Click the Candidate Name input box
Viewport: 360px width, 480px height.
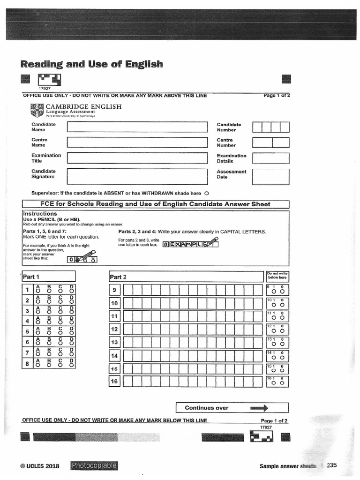[137, 127]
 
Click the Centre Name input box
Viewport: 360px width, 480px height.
[137, 142]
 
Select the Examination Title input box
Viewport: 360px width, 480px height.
[137, 158]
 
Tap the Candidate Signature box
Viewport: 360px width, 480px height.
[137, 176]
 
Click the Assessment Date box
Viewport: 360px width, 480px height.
[270, 177]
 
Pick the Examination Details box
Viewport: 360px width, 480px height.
[270, 158]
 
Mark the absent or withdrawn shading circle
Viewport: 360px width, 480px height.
[207, 193]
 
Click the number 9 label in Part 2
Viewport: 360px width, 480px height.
[114, 291]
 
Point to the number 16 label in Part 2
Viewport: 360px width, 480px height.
[114, 382]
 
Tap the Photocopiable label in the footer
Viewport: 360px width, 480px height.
[94, 465]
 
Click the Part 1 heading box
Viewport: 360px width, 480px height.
[48, 277]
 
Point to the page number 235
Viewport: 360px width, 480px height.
[332, 465]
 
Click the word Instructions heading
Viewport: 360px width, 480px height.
[40, 214]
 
